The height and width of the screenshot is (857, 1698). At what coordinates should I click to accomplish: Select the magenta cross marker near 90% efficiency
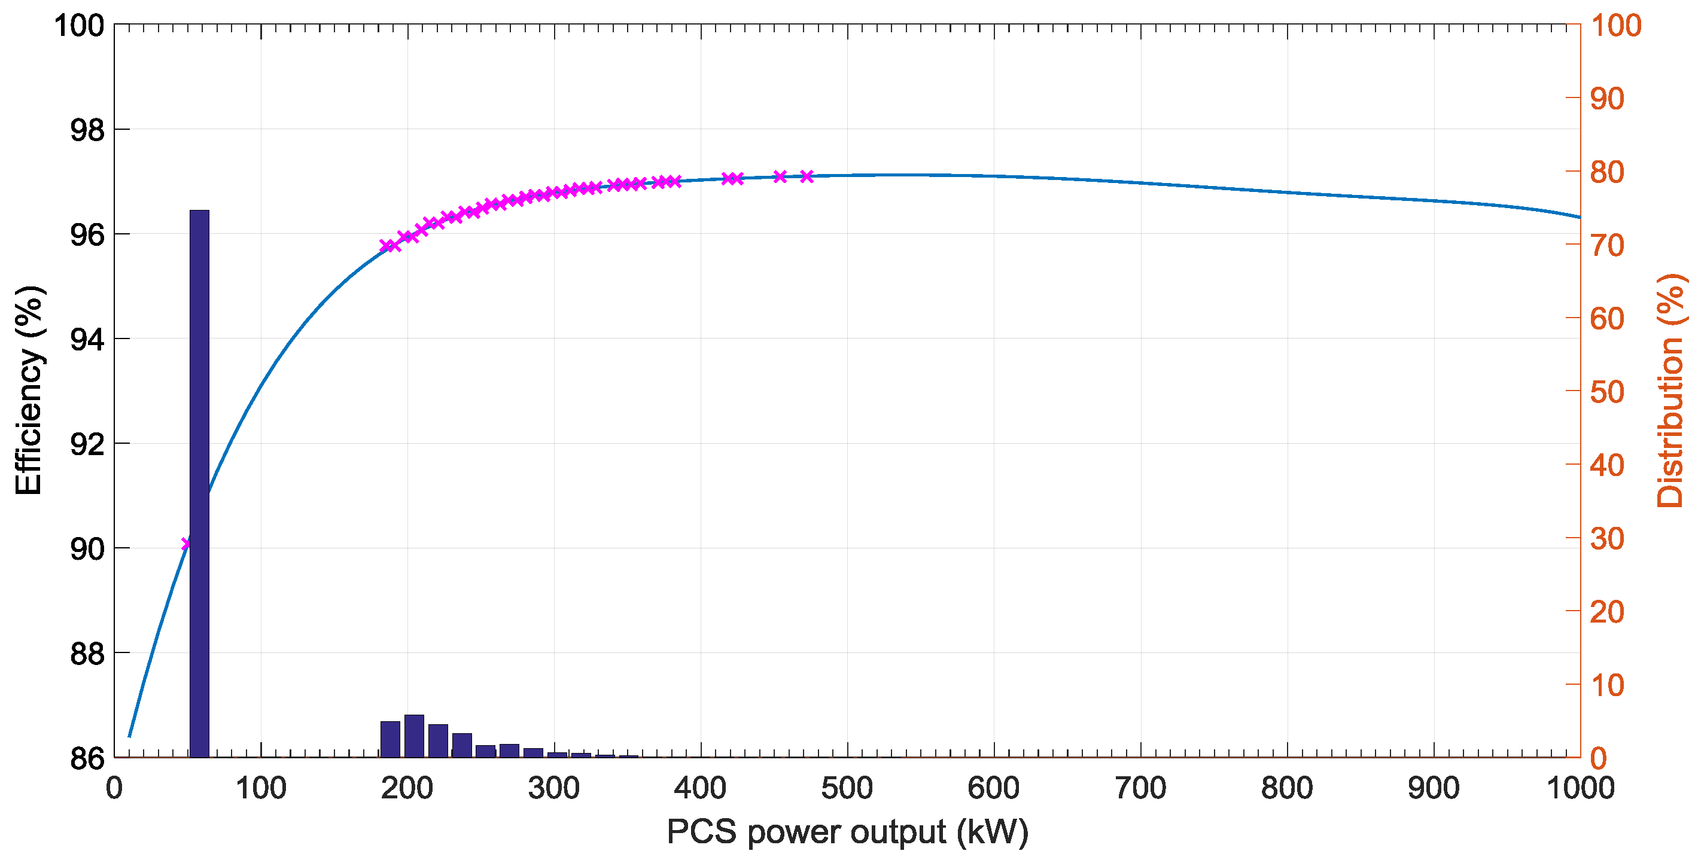[186, 544]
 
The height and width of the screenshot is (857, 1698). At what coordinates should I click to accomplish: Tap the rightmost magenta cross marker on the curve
[806, 176]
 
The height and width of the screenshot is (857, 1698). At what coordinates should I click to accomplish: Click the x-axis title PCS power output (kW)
[847, 831]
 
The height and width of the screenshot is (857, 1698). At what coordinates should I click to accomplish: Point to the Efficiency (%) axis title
[29, 391]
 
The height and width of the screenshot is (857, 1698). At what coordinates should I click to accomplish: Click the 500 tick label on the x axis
[847, 788]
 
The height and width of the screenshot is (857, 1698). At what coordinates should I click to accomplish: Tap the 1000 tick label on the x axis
[1580, 788]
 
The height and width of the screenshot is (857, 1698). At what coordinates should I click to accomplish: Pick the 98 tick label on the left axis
[87, 130]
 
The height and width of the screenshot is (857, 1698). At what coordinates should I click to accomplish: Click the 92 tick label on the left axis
[87, 444]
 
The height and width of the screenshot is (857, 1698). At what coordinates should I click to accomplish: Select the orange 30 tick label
[1607, 539]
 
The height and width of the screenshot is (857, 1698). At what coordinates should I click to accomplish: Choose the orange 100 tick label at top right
[1615, 26]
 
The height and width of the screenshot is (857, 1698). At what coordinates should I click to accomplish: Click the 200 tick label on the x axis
[407, 788]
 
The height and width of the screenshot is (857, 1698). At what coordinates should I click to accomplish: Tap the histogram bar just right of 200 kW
[414, 736]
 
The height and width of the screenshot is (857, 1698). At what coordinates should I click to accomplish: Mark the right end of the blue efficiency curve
[1580, 216]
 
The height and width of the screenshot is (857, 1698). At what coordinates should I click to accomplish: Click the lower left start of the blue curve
[129, 736]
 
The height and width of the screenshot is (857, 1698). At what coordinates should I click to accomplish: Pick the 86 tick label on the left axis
[87, 759]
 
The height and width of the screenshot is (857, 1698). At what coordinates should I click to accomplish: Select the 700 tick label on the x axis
[1140, 788]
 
